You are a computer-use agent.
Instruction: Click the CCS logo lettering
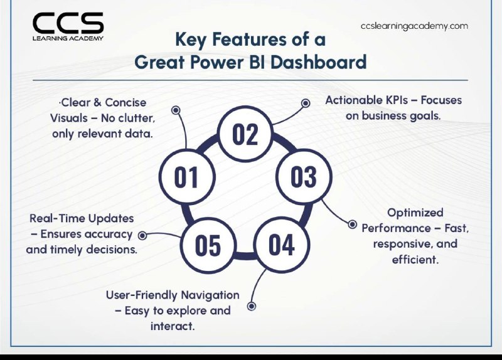pos(68,23)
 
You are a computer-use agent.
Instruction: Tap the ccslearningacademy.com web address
pos(414,26)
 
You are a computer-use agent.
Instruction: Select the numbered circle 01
pos(186,177)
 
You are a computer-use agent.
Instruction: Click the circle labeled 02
pos(245,134)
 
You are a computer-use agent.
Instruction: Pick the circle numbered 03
pos(304,177)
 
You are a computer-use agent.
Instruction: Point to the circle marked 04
pos(281,245)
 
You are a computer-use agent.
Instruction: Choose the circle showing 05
pos(208,245)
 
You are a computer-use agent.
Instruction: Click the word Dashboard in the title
pos(319,62)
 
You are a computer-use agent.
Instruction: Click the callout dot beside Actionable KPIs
pos(306,103)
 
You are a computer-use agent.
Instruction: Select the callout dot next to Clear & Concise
pos(176,110)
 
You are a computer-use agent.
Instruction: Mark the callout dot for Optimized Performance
pos(352,225)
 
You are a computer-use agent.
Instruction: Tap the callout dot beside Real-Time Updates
pos(142,236)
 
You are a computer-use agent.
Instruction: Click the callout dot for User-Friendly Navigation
pos(252,306)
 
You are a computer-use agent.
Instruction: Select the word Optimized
pos(415,213)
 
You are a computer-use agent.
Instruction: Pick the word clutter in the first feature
pos(137,118)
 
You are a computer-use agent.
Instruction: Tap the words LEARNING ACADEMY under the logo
pos(68,38)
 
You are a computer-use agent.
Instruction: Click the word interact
pos(173,326)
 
